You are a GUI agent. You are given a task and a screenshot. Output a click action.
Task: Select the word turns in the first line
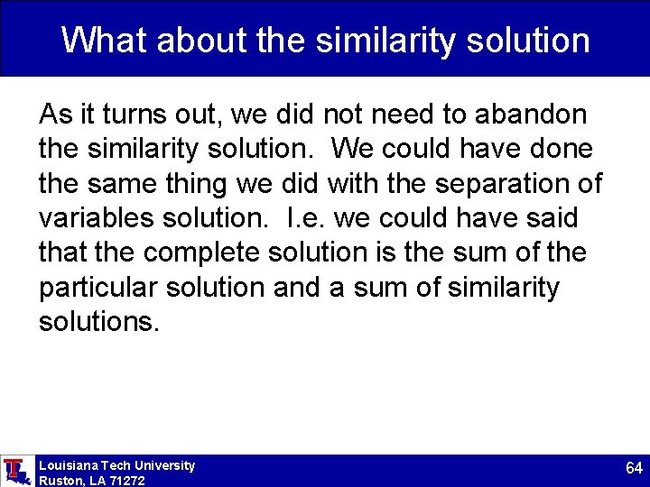[x=128, y=115]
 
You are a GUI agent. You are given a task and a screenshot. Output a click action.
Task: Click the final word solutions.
[x=98, y=322]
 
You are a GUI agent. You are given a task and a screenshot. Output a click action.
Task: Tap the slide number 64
[x=634, y=469]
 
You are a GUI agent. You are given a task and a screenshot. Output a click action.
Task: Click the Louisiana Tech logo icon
[x=14, y=470]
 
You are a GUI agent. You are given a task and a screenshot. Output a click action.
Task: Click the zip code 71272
[x=125, y=481]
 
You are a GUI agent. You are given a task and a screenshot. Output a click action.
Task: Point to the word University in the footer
[x=164, y=465]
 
